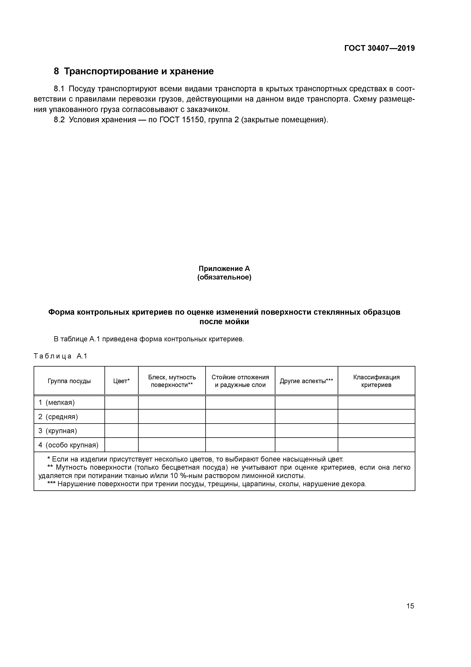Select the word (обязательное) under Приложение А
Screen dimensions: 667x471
point(224,277)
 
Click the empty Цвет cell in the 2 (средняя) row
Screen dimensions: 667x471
point(121,417)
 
